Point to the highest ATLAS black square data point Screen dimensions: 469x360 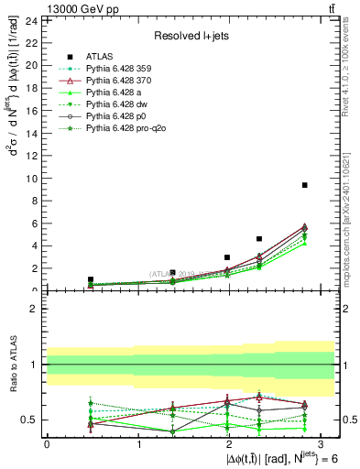click(304, 185)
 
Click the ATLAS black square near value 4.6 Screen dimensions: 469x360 click(259, 239)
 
